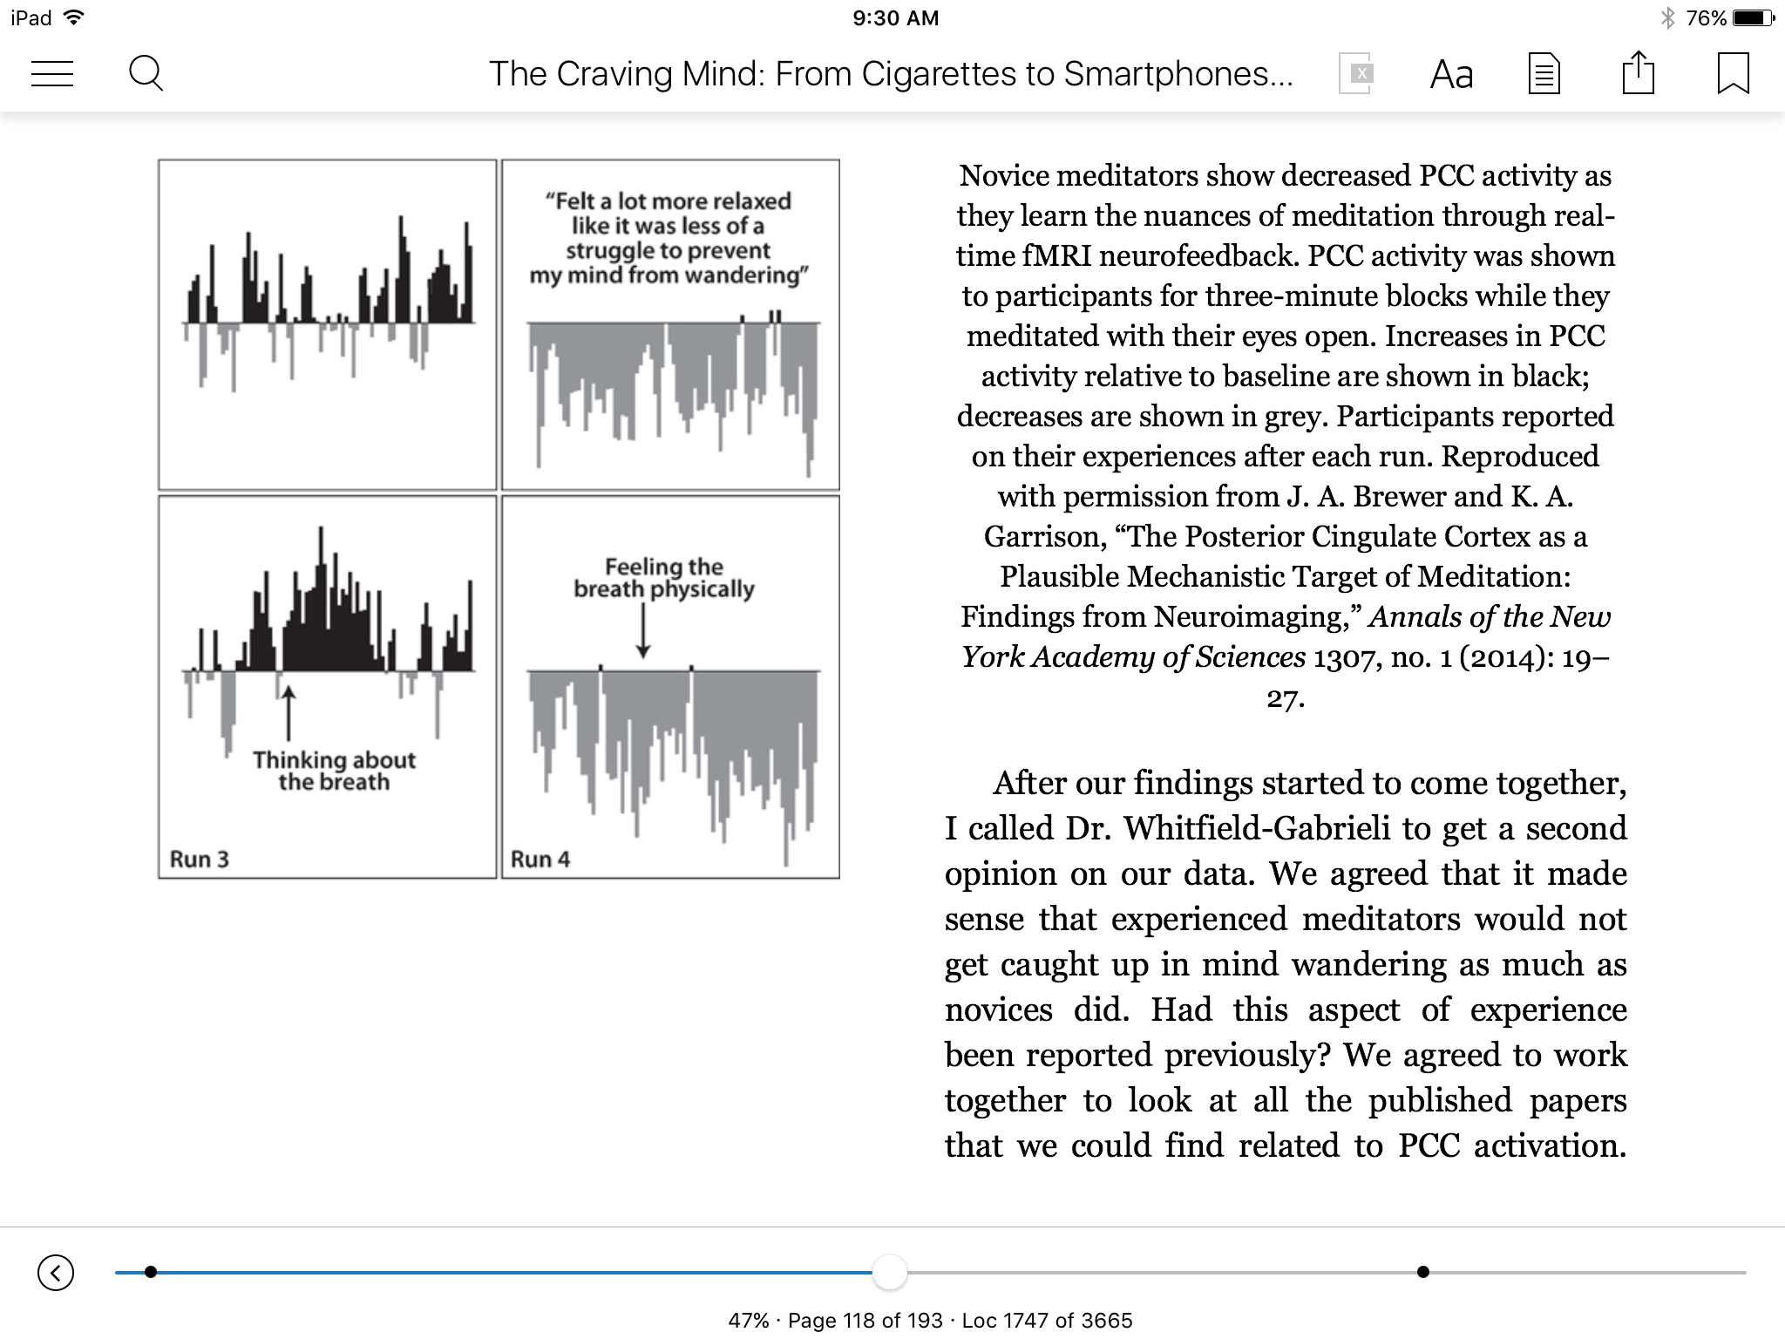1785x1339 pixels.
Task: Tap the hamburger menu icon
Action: click(x=52, y=74)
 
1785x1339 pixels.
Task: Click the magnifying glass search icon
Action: click(x=146, y=74)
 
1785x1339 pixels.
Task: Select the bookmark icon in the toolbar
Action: click(x=1733, y=73)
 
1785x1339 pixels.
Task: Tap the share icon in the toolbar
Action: click(x=1638, y=73)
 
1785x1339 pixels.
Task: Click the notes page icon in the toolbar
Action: click(x=1544, y=74)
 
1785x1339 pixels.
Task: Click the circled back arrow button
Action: click(x=56, y=1272)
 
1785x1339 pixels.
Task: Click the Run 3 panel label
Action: click(x=199, y=860)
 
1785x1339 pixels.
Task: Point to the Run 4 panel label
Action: click(x=540, y=860)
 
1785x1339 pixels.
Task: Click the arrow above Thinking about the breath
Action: click(x=288, y=713)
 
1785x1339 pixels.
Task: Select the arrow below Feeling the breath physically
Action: click(x=643, y=629)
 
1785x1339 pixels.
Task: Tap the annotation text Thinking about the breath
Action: click(x=334, y=771)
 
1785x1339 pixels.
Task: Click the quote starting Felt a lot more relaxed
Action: click(x=669, y=238)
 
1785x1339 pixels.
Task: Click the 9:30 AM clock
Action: click(x=895, y=18)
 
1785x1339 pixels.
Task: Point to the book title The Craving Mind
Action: click(x=890, y=74)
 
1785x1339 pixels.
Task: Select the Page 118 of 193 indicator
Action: click(x=865, y=1321)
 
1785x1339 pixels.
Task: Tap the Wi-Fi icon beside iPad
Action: click(x=74, y=17)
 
